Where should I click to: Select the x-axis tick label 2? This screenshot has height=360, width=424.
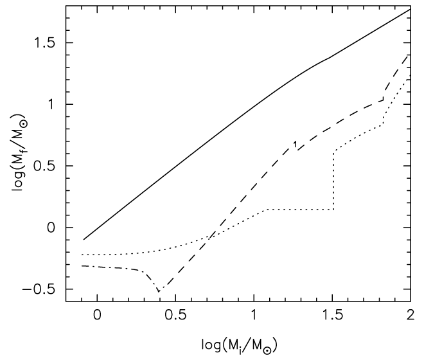click(410, 317)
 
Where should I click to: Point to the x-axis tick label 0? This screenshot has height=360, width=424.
click(97, 317)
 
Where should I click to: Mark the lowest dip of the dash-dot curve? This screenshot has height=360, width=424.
click(159, 292)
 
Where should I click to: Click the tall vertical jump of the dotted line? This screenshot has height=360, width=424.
click(334, 180)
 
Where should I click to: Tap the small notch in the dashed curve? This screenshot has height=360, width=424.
click(295, 144)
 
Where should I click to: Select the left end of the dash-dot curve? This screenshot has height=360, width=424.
click(83, 265)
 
